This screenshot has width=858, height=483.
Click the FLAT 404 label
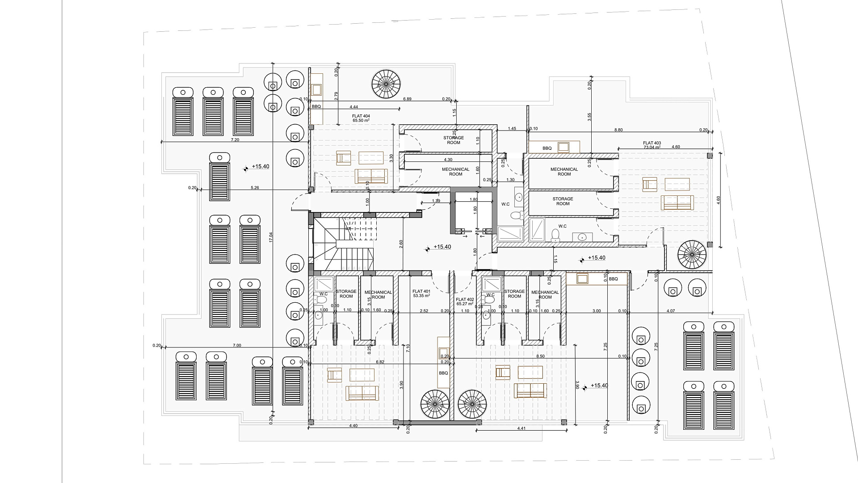[x=361, y=116]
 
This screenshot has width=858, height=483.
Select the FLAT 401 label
[x=421, y=291]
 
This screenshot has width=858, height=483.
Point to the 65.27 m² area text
[x=465, y=304]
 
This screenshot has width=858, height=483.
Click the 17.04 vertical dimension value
[x=270, y=237]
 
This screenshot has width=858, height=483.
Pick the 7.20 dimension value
[x=235, y=140]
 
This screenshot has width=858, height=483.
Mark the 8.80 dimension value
[x=618, y=130]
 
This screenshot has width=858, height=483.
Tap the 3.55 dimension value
[x=589, y=117]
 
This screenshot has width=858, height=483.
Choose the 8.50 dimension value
[x=540, y=356]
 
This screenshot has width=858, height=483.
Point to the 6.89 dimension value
[x=407, y=99]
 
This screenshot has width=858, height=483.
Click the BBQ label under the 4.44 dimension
[x=316, y=106]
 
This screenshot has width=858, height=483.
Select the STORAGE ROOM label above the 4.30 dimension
[x=454, y=140]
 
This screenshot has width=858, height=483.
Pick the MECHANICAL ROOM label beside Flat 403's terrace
[x=564, y=172]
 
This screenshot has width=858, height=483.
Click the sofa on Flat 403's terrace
[x=677, y=203]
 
